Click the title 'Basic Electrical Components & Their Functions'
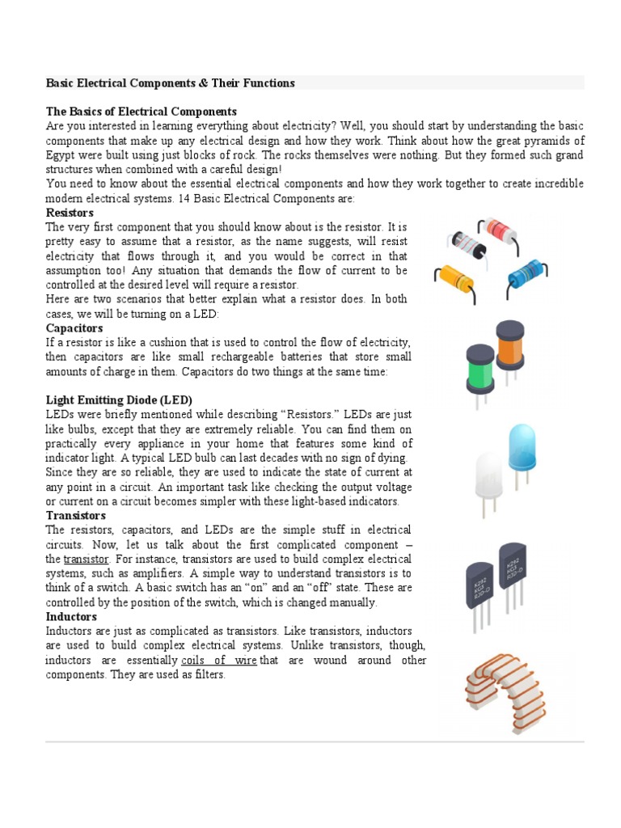[x=170, y=83]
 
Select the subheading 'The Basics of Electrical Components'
[x=142, y=112]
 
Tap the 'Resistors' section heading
[x=70, y=213]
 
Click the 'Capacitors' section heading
[x=74, y=328]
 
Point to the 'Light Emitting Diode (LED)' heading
[x=119, y=400]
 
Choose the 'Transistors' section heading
[x=76, y=515]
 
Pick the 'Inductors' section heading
[x=71, y=617]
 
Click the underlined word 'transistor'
[x=86, y=560]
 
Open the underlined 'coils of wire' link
[x=219, y=661]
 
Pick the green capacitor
[x=480, y=368]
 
